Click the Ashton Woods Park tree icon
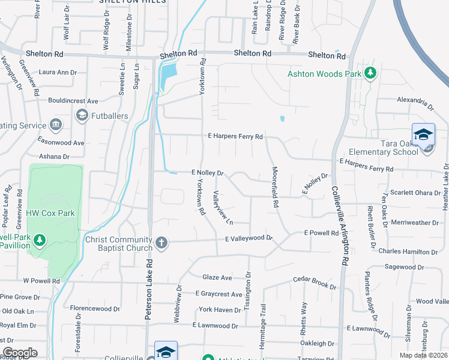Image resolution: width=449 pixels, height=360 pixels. [x=371, y=73]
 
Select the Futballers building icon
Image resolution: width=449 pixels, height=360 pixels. [x=81, y=114]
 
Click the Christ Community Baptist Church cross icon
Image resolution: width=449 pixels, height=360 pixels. [x=161, y=242]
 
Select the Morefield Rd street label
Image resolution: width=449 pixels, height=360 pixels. [x=276, y=187]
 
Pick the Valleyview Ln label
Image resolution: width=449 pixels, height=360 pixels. [x=222, y=206]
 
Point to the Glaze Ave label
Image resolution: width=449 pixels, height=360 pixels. [x=217, y=277]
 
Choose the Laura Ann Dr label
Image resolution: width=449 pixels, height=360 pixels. [x=58, y=73]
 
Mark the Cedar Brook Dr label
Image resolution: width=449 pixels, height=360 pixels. [x=314, y=281]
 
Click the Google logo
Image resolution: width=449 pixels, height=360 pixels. [x=20, y=353]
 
